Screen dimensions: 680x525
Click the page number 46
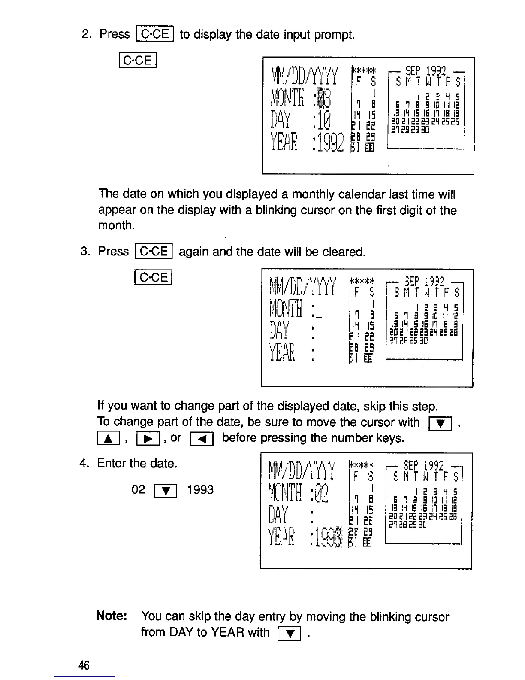(x=84, y=665)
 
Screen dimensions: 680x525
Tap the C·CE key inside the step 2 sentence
(x=154, y=34)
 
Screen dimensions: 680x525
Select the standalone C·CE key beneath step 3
(x=153, y=277)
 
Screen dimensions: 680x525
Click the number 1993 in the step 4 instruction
(x=200, y=489)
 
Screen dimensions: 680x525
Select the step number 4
(x=83, y=464)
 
